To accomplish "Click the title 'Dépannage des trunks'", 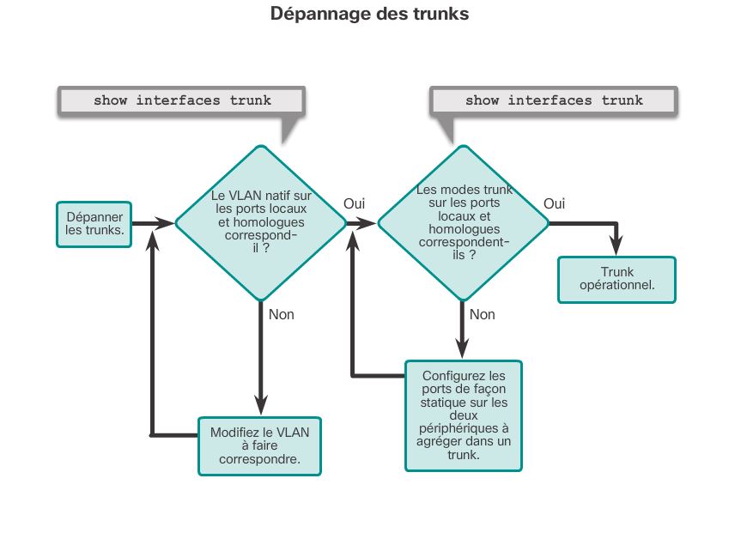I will (x=369, y=14).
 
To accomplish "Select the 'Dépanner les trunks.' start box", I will (x=94, y=224).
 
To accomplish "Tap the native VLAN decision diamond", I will (x=260, y=222).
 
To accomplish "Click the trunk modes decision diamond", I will (x=463, y=222).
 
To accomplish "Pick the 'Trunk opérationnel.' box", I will (x=616, y=280).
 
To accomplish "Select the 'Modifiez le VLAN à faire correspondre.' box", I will (x=259, y=445).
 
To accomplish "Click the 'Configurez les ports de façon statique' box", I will (x=464, y=415).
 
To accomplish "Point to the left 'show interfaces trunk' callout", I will (x=182, y=100).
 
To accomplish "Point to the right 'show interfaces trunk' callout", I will (x=554, y=100).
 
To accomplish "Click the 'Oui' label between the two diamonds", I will (x=355, y=203).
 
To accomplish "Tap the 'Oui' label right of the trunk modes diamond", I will (x=555, y=203).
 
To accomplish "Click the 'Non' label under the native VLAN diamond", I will (x=282, y=314).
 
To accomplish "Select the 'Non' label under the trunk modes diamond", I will (x=483, y=314).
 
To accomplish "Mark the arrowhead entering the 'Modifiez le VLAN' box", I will (x=260, y=405).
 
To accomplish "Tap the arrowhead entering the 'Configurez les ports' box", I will (x=463, y=348).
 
